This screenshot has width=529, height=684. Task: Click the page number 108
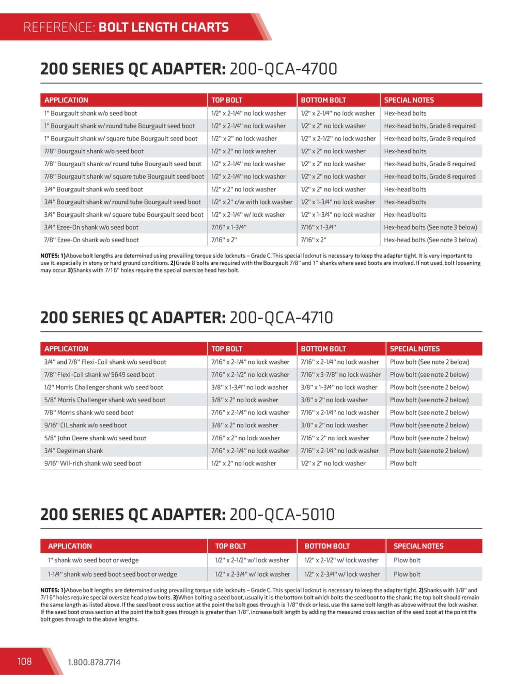[x=24, y=661]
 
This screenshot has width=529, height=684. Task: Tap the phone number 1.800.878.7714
[x=94, y=662]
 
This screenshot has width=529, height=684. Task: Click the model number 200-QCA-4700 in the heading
[x=283, y=69]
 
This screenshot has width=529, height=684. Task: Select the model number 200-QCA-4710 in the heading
[x=281, y=317]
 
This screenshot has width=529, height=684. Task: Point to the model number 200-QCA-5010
[x=282, y=515]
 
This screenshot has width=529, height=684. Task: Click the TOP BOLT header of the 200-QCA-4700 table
[x=227, y=100]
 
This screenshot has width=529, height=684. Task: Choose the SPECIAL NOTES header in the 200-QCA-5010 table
[x=418, y=546]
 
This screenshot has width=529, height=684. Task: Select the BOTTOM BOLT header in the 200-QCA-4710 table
[x=323, y=349]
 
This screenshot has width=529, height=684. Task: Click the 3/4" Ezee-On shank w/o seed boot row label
[x=91, y=227]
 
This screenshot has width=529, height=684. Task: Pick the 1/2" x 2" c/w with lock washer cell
[x=252, y=202]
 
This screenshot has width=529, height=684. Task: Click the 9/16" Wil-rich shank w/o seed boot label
[x=93, y=464]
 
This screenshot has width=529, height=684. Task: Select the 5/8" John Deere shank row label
[x=95, y=438]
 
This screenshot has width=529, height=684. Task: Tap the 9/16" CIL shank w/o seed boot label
[x=86, y=425]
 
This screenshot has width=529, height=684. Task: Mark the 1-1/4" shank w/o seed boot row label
[x=112, y=574]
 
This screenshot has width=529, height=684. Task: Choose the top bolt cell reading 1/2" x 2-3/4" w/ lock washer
[x=253, y=574]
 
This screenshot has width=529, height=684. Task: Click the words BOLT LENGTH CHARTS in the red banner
[x=163, y=27]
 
